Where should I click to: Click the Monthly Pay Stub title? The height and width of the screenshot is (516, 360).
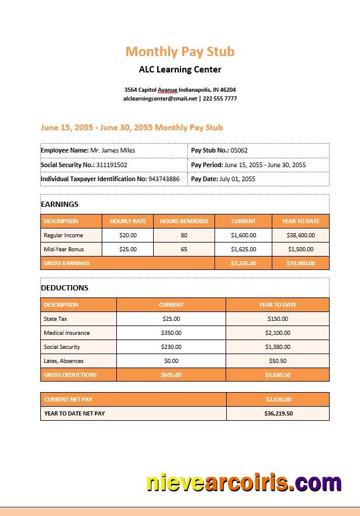pos(180,51)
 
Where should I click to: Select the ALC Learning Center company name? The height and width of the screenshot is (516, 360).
pos(180,70)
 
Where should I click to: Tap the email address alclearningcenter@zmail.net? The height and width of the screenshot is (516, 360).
pos(160,99)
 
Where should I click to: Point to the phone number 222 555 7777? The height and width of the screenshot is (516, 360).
pos(220,99)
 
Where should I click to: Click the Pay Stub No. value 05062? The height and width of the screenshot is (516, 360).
pos(239,150)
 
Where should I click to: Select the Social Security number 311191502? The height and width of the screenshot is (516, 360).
pos(112,165)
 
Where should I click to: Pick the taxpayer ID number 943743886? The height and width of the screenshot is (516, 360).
pos(164,179)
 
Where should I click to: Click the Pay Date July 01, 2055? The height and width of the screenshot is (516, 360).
pos(237,179)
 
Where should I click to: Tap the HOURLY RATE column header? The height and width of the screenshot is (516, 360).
pos(128,221)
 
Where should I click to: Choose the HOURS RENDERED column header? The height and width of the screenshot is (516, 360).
pos(184,221)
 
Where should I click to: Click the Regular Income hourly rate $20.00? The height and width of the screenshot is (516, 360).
pos(128,236)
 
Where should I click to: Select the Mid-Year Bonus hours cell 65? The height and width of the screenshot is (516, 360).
pos(184,250)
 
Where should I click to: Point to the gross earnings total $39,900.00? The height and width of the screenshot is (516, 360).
pos(300,264)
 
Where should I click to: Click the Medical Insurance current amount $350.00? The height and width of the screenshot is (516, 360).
pos(171,333)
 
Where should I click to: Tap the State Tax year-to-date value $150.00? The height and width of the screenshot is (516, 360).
pos(278,319)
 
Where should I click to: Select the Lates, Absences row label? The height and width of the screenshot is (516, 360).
pos(64,361)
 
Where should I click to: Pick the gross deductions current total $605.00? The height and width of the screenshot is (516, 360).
pos(171,375)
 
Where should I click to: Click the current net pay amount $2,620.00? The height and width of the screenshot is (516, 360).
pos(278,400)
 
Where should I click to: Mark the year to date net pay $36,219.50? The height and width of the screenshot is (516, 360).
pos(278,414)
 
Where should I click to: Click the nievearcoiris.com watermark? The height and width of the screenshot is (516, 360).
pos(244,483)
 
